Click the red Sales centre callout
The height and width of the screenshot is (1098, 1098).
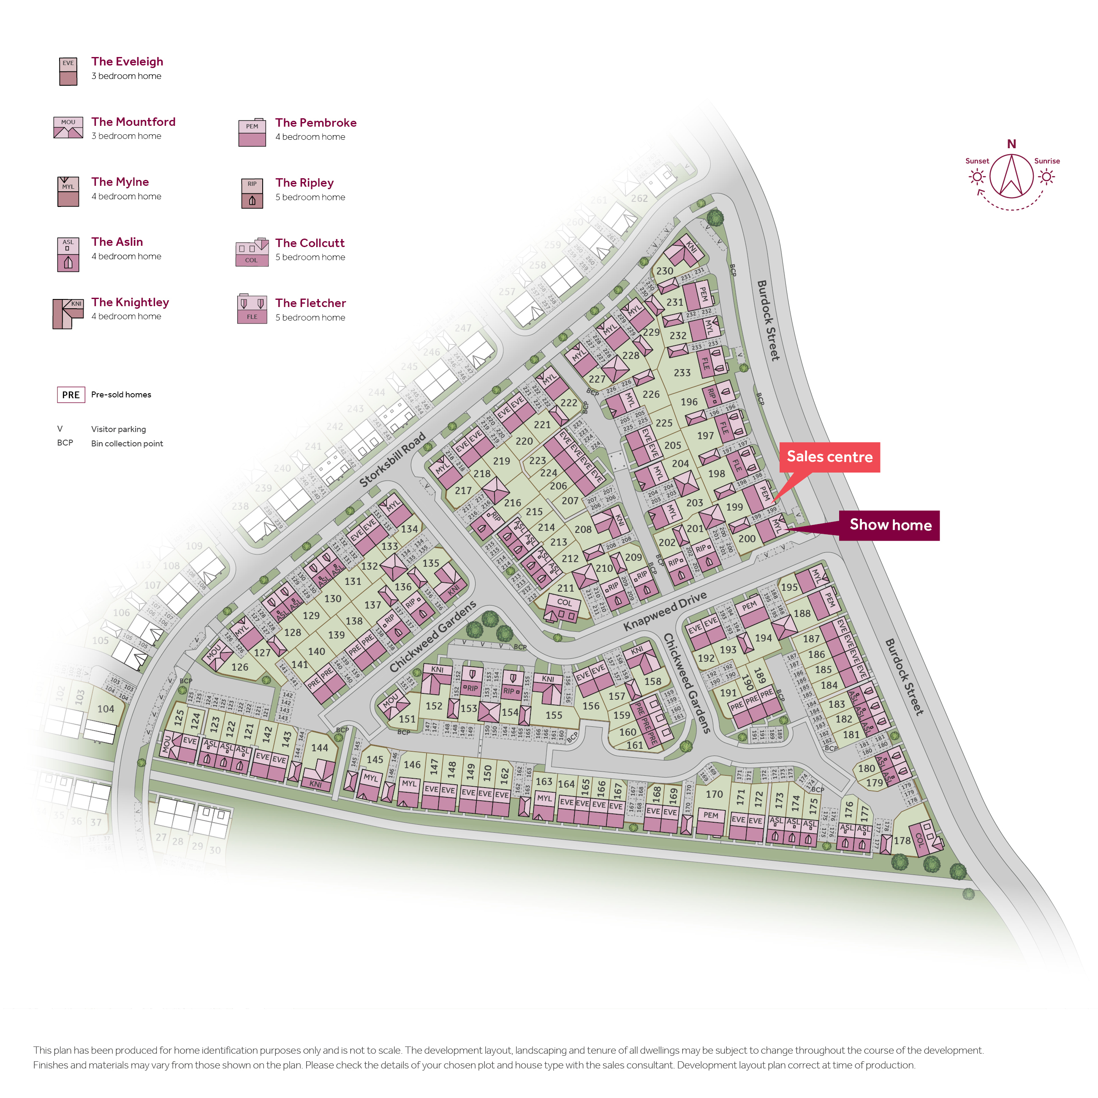(x=829, y=457)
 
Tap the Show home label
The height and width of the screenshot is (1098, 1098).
(x=890, y=525)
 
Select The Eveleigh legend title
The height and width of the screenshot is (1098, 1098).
(x=127, y=61)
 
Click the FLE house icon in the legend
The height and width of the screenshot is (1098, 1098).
(x=252, y=309)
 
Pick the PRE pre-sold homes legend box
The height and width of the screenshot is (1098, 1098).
(x=71, y=394)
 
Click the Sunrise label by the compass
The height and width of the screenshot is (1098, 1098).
(x=1046, y=161)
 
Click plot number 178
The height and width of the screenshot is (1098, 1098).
(x=902, y=840)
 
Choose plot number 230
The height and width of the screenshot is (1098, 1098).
(x=664, y=271)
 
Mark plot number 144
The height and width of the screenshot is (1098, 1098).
(x=319, y=748)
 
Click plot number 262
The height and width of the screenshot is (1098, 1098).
(x=639, y=198)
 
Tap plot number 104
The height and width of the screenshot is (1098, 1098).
(x=106, y=709)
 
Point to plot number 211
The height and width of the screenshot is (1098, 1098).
(x=565, y=588)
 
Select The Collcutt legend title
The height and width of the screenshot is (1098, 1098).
(x=310, y=243)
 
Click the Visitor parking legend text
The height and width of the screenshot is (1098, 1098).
(x=118, y=429)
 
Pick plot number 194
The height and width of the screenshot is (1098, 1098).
(x=763, y=638)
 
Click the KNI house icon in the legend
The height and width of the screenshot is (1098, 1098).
(x=68, y=314)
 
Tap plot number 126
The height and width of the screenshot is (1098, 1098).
(x=240, y=667)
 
